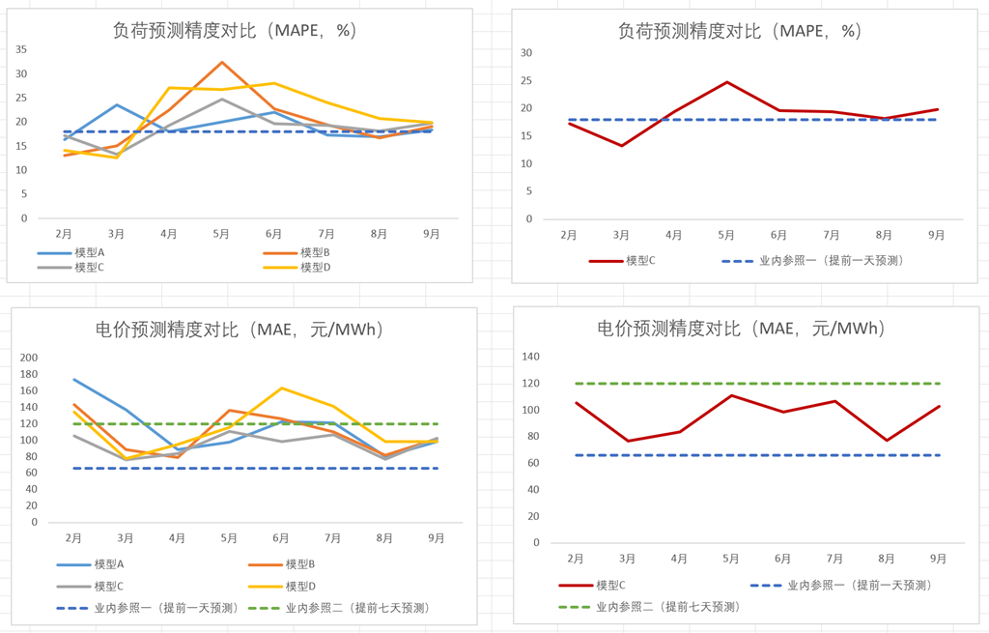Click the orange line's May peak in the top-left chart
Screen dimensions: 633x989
click(x=222, y=62)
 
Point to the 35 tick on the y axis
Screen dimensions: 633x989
click(x=21, y=49)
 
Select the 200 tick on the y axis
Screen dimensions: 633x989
click(x=29, y=358)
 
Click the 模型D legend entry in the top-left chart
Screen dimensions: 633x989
click(x=315, y=267)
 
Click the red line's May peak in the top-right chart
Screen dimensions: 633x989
click(x=726, y=82)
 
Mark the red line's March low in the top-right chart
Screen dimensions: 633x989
click(x=621, y=146)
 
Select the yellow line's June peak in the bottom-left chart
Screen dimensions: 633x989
click(x=281, y=388)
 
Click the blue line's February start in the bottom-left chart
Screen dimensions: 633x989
click(x=73, y=379)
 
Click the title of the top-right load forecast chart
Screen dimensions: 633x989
click(x=739, y=31)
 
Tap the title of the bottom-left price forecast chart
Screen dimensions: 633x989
click(x=240, y=330)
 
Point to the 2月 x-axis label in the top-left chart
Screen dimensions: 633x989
click(x=64, y=234)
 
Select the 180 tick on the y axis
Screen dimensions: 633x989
click(x=29, y=374)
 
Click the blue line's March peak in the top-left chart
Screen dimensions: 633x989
click(x=117, y=104)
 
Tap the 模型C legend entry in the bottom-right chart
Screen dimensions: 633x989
click(x=610, y=585)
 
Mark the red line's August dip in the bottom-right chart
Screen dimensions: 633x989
click(x=887, y=441)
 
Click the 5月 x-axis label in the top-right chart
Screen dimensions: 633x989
click(x=726, y=235)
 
